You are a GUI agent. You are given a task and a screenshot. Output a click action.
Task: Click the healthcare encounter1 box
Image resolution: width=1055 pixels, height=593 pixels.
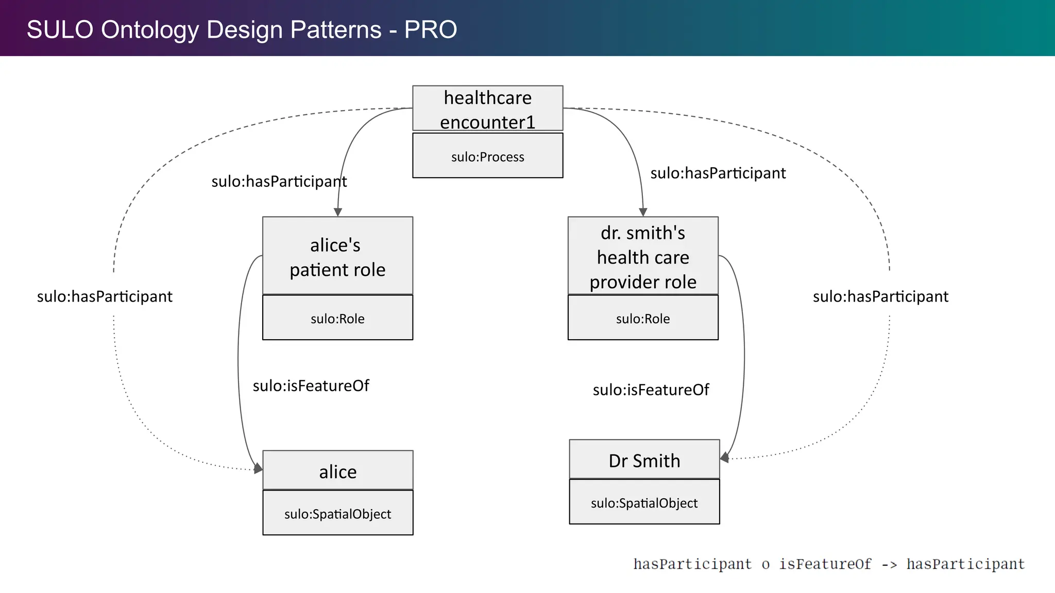click(x=487, y=108)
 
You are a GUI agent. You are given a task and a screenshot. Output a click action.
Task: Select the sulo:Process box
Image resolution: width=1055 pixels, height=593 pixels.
click(x=487, y=156)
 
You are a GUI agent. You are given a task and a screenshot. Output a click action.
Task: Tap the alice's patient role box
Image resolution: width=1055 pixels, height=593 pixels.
click(x=337, y=256)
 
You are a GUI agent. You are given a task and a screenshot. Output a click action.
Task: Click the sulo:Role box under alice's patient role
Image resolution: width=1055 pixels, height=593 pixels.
click(x=337, y=318)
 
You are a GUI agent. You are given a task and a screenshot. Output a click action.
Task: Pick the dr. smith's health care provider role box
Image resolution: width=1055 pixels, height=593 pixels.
click(x=643, y=256)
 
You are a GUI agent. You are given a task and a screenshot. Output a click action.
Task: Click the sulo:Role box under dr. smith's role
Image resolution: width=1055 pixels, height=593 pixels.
click(x=643, y=318)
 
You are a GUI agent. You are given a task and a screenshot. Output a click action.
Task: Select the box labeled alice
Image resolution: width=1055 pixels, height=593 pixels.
click(x=337, y=470)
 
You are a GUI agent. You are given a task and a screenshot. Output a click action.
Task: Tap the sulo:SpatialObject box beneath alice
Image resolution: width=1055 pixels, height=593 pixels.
click(x=337, y=513)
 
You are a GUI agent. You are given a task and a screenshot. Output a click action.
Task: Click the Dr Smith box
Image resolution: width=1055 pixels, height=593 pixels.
click(x=644, y=460)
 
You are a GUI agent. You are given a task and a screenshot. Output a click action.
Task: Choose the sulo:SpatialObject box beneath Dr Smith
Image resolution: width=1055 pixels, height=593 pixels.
click(x=644, y=502)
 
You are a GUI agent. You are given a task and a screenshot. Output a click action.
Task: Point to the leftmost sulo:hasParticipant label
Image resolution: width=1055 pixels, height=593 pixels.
click(x=105, y=296)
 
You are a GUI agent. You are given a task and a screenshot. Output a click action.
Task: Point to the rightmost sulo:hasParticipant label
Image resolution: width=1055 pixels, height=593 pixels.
click(x=880, y=296)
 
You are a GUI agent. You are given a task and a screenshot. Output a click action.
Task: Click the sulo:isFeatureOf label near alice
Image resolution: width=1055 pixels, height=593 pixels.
click(x=311, y=386)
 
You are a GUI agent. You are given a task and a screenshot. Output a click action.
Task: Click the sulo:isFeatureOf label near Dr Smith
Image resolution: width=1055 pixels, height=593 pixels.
click(x=651, y=390)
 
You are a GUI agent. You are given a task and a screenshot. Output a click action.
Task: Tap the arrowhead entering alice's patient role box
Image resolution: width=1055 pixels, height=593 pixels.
click(x=338, y=212)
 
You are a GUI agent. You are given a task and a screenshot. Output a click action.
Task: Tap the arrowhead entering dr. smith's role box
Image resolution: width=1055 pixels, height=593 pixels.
click(x=643, y=212)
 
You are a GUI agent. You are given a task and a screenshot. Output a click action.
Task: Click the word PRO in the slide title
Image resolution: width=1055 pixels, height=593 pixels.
click(x=431, y=29)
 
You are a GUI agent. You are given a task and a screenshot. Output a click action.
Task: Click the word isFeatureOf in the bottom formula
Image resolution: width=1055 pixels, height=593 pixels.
click(x=825, y=564)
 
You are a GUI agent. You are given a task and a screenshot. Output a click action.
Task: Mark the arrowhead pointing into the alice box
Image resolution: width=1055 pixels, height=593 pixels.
click(x=258, y=468)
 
